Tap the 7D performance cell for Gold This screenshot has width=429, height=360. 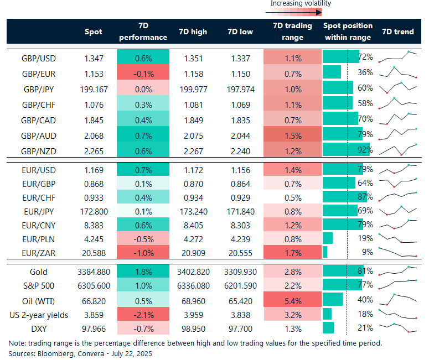(143, 272)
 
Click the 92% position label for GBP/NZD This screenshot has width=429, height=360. (365, 149)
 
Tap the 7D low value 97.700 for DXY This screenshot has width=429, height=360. (240, 328)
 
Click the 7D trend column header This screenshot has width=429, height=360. (397, 32)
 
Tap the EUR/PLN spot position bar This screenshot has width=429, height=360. (327, 238)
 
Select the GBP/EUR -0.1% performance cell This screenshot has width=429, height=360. (143, 72)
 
